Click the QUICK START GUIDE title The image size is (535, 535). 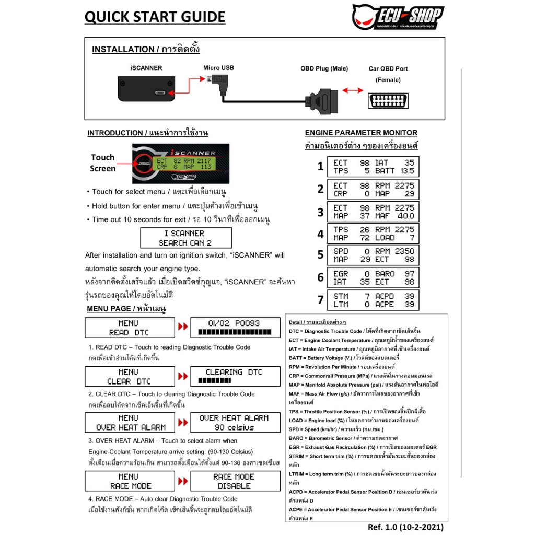155,17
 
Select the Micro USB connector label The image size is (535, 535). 218,68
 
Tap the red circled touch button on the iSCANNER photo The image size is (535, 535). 142,164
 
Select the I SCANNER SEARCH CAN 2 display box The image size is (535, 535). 186,238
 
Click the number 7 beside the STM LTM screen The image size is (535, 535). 320,300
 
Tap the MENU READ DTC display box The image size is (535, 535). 130,328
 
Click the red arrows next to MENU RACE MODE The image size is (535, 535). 182,481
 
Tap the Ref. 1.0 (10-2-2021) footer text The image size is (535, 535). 405,527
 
